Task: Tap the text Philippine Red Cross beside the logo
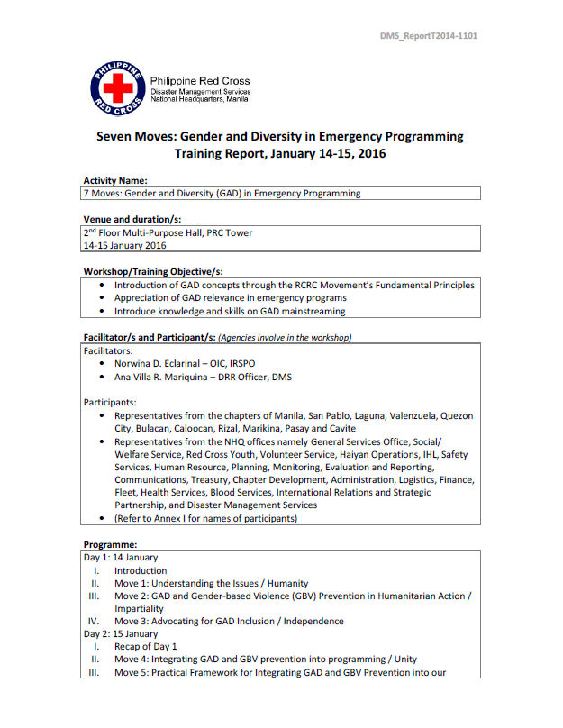(x=200, y=81)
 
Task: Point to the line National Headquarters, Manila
(x=200, y=99)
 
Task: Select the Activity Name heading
(x=115, y=180)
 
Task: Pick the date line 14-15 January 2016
(x=124, y=245)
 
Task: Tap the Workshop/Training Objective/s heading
(x=152, y=271)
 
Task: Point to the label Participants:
(x=110, y=402)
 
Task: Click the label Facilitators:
(x=108, y=350)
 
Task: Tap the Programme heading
(x=111, y=544)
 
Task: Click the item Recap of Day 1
(x=145, y=646)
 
